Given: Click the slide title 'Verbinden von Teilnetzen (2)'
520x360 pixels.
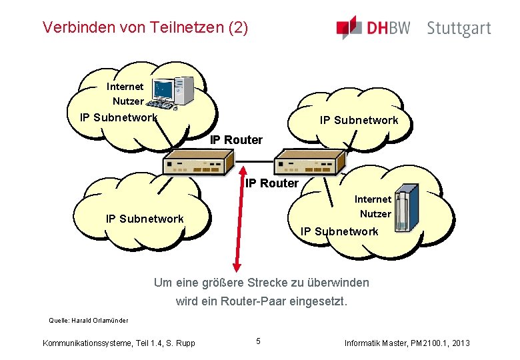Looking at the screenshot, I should point(145,27).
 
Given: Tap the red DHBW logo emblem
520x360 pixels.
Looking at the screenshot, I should point(349,27).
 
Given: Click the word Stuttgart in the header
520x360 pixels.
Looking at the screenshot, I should point(459,29).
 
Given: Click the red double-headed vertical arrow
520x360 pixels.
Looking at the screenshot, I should point(235,220).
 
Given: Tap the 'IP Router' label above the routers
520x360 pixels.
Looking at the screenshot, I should point(236,140).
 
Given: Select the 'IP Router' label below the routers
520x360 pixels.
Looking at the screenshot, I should point(272,183).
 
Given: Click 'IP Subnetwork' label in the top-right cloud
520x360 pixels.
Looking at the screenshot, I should point(359,121).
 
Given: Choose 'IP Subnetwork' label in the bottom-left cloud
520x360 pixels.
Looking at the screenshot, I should point(145,219).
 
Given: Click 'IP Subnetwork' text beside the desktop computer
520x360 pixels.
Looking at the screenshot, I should point(119,118).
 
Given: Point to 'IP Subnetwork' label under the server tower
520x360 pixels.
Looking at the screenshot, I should point(339,231).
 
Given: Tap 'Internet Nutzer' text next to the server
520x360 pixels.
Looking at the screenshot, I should point(373,207).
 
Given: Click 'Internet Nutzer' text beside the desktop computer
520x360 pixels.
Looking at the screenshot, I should point(125,94).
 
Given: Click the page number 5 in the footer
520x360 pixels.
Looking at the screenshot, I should point(258,342).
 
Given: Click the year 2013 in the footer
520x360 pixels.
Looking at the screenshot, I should point(459,343).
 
